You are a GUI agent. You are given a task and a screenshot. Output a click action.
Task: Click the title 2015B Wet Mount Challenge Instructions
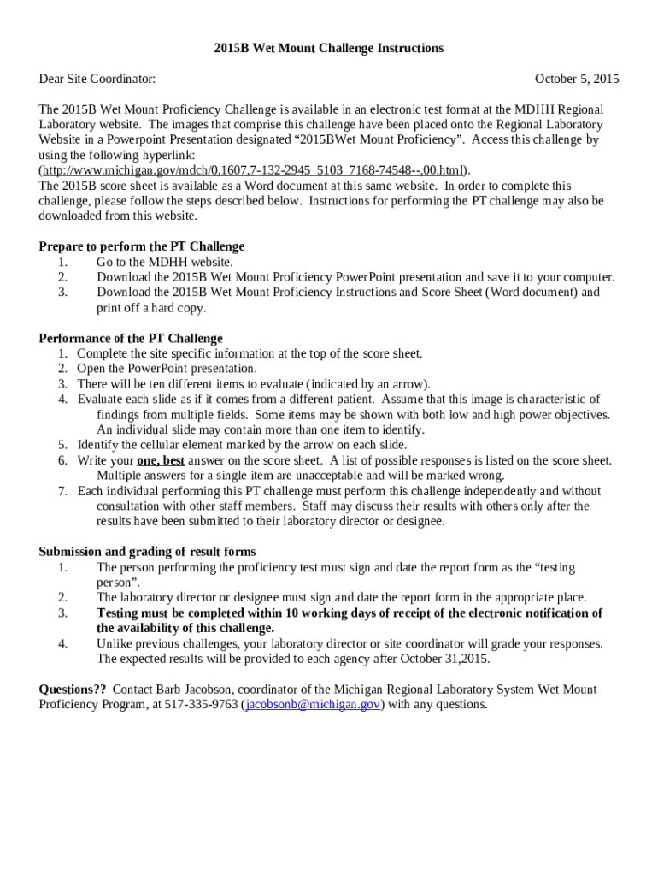[x=329, y=48]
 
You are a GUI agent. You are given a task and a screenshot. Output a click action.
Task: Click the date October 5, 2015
[x=577, y=80]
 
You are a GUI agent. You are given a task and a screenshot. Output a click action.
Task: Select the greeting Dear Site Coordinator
[x=97, y=80]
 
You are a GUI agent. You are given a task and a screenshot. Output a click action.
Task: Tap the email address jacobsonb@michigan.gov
[x=313, y=705]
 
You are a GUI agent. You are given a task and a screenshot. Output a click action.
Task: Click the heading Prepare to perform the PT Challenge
[x=142, y=246]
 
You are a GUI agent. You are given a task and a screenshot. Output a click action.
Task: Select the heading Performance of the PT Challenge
[x=131, y=338]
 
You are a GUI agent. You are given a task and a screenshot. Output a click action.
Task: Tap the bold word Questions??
[x=73, y=690]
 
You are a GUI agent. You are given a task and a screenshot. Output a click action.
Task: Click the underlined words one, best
[x=161, y=460]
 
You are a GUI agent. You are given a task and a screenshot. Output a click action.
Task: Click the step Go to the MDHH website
[x=164, y=262]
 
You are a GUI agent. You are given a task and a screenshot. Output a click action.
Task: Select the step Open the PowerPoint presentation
[x=156, y=369]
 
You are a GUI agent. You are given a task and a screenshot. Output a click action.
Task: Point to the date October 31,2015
[x=446, y=659]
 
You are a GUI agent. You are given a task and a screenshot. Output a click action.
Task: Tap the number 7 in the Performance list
[x=62, y=491]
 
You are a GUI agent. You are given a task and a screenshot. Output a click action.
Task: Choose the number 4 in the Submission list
[x=62, y=643]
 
